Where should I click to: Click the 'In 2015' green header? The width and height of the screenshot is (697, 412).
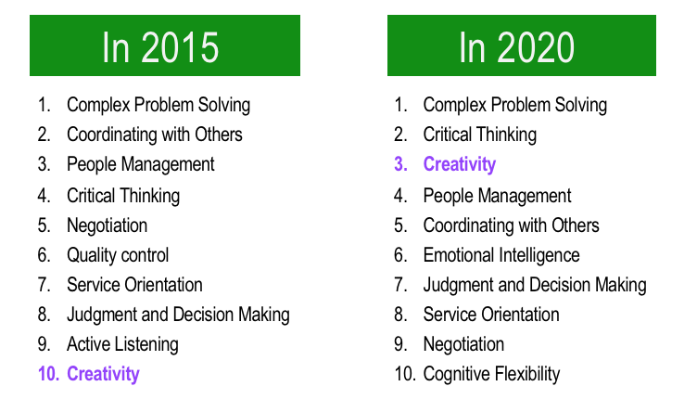coord(165,45)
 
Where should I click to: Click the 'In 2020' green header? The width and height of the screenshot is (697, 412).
coord(522,45)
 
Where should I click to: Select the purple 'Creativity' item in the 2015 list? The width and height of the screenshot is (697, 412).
coord(103,374)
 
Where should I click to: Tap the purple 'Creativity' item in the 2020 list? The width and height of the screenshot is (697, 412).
coord(459,164)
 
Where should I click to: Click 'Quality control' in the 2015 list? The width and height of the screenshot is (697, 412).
coord(118,255)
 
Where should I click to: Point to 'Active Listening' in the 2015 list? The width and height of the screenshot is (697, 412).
coord(122,344)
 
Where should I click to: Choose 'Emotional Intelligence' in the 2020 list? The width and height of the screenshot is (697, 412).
coord(501,255)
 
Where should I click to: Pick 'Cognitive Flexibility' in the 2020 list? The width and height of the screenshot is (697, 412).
coord(491,374)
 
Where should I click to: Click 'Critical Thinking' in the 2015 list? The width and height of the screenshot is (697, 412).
coord(123,196)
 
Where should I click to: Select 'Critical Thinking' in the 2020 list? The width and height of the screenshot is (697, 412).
coord(479,135)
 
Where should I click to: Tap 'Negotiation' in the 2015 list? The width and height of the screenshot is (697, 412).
coord(108,225)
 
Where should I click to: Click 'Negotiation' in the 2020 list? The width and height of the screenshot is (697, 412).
coord(463,344)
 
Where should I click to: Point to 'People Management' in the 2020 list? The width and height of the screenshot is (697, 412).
coord(497,196)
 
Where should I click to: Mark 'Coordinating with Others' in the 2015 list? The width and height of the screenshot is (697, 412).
coord(155,135)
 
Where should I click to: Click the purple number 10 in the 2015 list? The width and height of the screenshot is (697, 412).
coord(48,374)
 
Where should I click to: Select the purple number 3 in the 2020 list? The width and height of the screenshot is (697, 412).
coord(400,164)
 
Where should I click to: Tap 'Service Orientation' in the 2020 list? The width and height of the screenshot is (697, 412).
coord(491,315)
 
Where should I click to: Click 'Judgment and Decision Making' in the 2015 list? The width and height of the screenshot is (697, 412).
coord(178,315)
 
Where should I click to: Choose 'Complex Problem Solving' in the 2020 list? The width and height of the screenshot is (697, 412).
coord(515,105)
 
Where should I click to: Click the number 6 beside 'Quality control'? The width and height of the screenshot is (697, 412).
coord(44,255)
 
